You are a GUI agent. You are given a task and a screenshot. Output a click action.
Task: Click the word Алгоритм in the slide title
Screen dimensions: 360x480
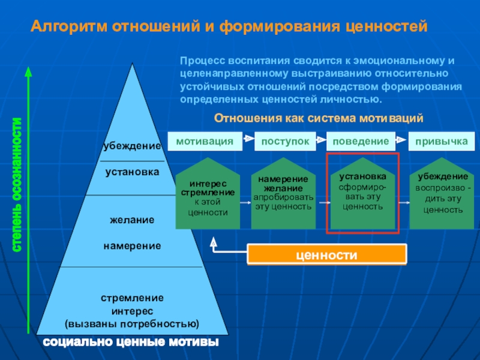pyautogui.click(x=68, y=26)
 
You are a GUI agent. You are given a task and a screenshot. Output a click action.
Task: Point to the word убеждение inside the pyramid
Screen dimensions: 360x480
pyautogui.click(x=132, y=146)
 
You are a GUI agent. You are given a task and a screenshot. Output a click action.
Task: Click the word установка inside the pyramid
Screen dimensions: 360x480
pyautogui.click(x=132, y=172)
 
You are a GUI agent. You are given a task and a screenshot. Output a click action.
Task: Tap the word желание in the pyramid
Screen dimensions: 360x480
pyautogui.click(x=132, y=220)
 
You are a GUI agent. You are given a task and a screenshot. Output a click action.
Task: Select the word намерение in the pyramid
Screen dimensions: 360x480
pyautogui.click(x=132, y=245)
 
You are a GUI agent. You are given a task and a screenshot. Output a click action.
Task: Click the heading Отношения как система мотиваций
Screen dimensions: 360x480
pyautogui.click(x=319, y=118)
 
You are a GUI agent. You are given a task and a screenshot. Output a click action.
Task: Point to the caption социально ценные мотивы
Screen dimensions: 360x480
pyautogui.click(x=131, y=343)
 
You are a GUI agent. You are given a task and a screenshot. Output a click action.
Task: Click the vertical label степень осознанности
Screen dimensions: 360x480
pyautogui.click(x=17, y=192)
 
